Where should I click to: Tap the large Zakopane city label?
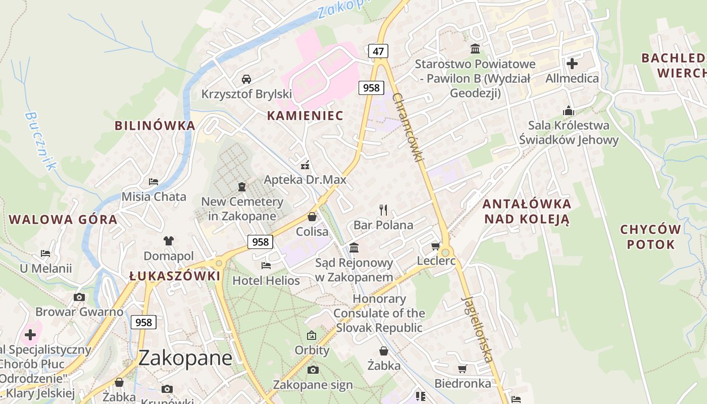(x=185, y=358)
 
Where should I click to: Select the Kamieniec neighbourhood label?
(x=305, y=116)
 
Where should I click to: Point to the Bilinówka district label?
(x=155, y=126)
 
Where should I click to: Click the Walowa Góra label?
(x=63, y=220)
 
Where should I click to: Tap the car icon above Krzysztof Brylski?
(x=246, y=79)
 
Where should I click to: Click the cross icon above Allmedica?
(x=572, y=64)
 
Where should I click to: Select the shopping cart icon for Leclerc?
(x=435, y=246)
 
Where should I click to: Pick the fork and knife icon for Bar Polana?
(x=383, y=210)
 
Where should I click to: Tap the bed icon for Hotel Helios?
(x=266, y=265)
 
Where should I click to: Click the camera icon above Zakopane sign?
(x=313, y=370)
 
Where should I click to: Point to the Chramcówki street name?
(x=407, y=127)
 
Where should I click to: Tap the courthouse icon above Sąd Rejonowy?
(x=354, y=247)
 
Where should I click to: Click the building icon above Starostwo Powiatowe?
(x=475, y=49)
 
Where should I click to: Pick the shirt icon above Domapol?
(x=168, y=241)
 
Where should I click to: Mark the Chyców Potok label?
(x=650, y=237)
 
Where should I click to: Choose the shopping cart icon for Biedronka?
(x=462, y=369)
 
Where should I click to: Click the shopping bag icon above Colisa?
(x=312, y=217)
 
